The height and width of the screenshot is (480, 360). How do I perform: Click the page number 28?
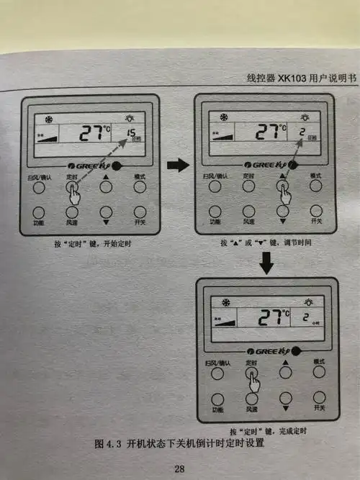coord(179,469)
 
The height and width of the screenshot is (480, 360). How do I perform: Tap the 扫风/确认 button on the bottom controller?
coord(215,373)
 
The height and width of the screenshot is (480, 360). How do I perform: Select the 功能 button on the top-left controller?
coord(38,213)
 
